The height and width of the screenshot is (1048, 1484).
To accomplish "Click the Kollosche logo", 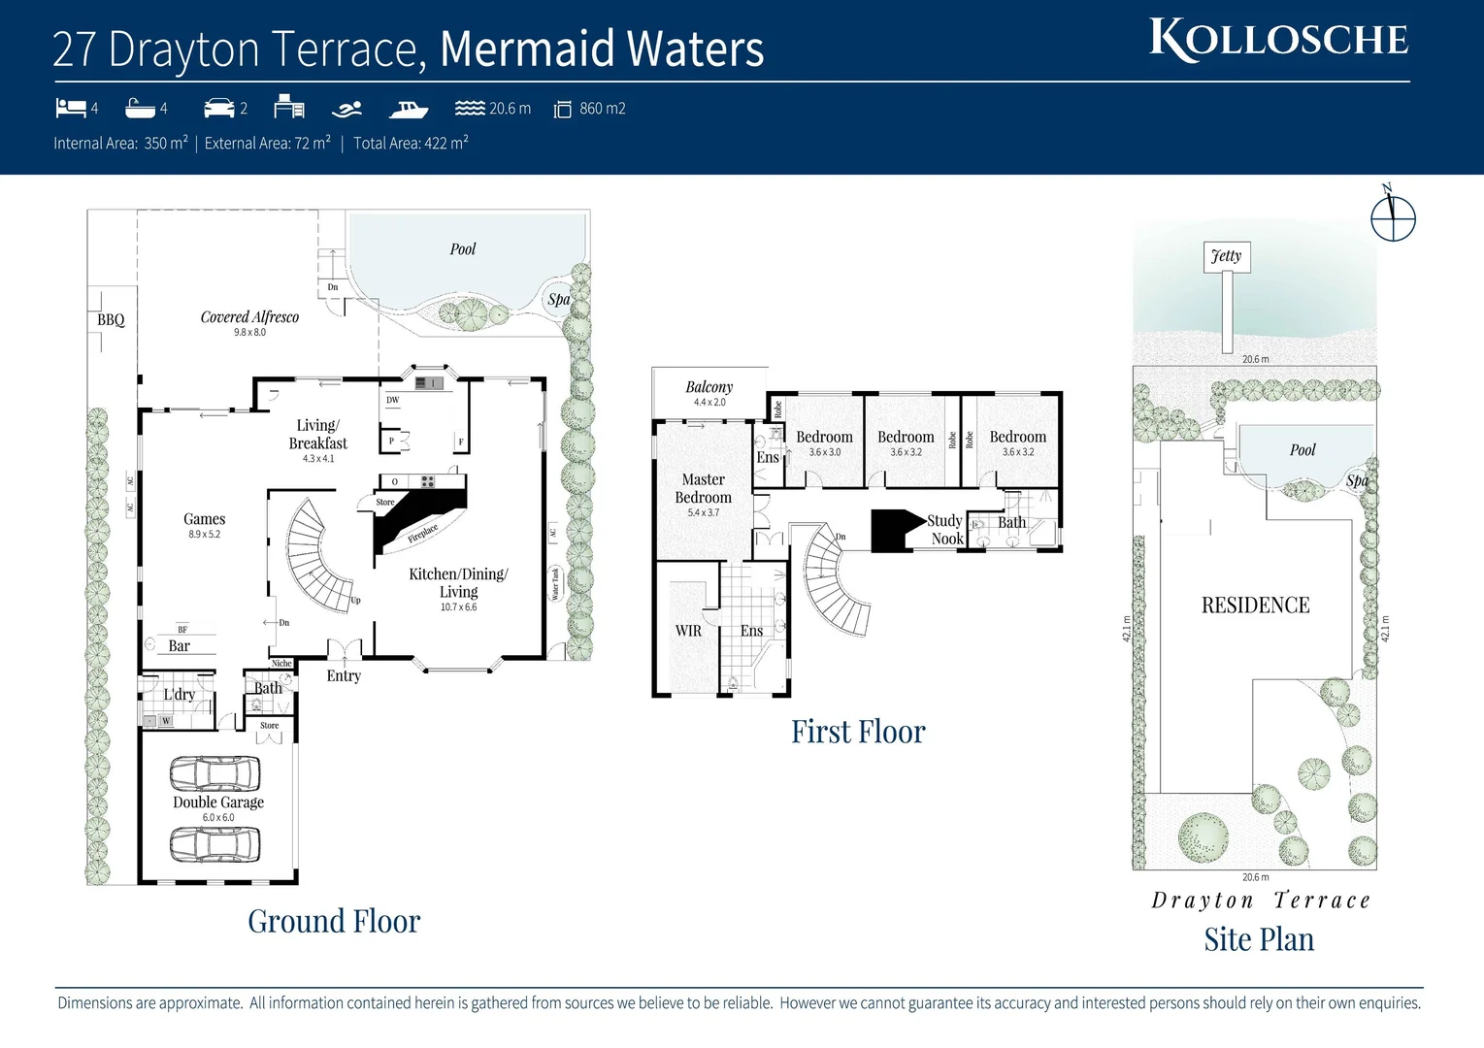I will point(1278,40).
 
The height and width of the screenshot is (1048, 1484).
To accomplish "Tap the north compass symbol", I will point(1393,217).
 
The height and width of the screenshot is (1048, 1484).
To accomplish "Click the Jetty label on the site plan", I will point(1226,256).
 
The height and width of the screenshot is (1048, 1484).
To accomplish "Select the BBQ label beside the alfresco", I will point(111,319).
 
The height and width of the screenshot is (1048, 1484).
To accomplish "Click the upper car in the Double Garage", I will point(214,774).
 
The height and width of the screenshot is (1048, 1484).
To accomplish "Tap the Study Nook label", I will point(945,530).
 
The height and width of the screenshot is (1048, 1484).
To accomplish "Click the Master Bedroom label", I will point(703,488).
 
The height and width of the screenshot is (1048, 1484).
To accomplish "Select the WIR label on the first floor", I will point(688,631).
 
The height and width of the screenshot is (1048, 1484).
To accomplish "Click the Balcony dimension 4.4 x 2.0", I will point(709,403).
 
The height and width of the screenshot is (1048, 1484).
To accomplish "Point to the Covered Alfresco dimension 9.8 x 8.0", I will point(249,333).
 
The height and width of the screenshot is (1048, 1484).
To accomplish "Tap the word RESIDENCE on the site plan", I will point(1255,606).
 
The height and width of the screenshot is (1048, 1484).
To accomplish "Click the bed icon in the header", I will point(71,108).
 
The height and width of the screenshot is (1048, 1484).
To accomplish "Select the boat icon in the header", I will point(409,109).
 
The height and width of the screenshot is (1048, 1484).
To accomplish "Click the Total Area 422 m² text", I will point(411,144).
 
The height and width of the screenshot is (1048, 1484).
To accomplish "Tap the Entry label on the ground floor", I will point(344,676).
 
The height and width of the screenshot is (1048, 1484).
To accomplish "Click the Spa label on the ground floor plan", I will point(558,299).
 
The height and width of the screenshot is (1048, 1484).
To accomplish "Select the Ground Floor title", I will point(334,921).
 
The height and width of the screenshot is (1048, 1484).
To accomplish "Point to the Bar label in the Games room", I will point(180,646).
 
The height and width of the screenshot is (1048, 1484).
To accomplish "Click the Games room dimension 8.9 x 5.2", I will point(204,535).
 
